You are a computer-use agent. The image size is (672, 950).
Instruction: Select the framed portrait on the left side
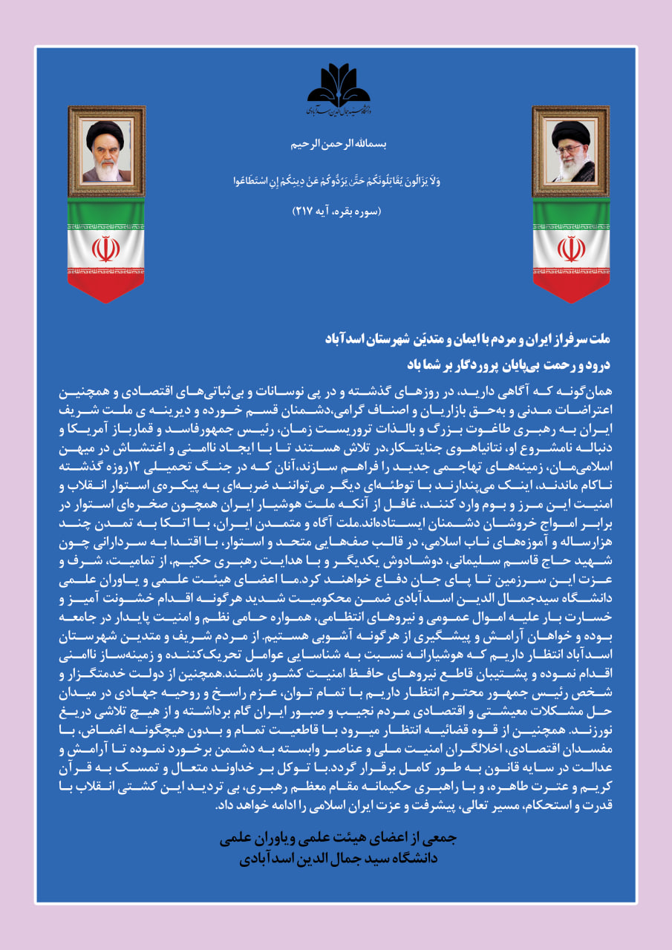[x=106, y=151]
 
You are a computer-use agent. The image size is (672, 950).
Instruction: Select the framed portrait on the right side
[x=570, y=151]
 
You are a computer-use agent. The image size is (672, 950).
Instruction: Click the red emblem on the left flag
[x=106, y=249]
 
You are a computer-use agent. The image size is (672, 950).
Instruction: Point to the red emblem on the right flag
[x=570, y=249]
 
